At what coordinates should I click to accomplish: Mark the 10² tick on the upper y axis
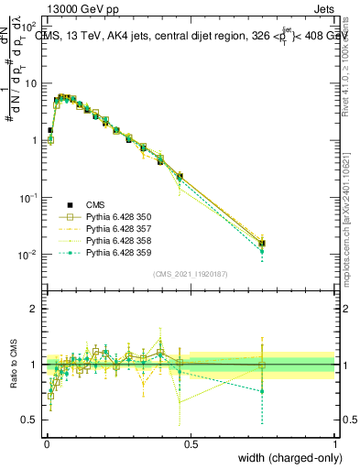tap(31, 27)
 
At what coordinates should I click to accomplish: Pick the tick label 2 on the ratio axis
tap(35, 309)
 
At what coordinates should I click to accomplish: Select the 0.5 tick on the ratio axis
tap(31, 420)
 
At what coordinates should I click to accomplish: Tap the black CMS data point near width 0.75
tap(263, 244)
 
